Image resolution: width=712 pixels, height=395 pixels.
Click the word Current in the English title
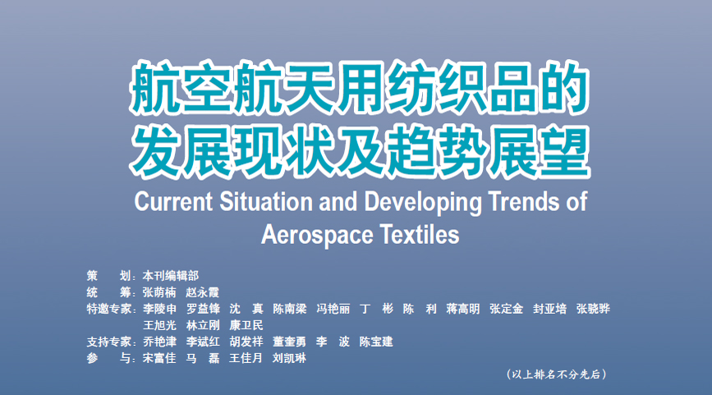click(173, 201)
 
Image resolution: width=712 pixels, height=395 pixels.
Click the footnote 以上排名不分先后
click(556, 374)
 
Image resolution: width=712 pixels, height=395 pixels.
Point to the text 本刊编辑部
click(170, 276)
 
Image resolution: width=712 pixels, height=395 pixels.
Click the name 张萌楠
click(159, 292)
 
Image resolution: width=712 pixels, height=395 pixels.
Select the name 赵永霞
click(203, 292)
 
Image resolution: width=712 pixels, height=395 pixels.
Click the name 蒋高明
click(462, 310)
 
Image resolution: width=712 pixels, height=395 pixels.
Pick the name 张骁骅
click(593, 310)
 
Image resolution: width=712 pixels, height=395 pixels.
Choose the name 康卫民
click(246, 325)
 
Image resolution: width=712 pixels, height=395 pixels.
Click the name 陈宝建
click(376, 342)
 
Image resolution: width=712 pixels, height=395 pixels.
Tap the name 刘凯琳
click(289, 358)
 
